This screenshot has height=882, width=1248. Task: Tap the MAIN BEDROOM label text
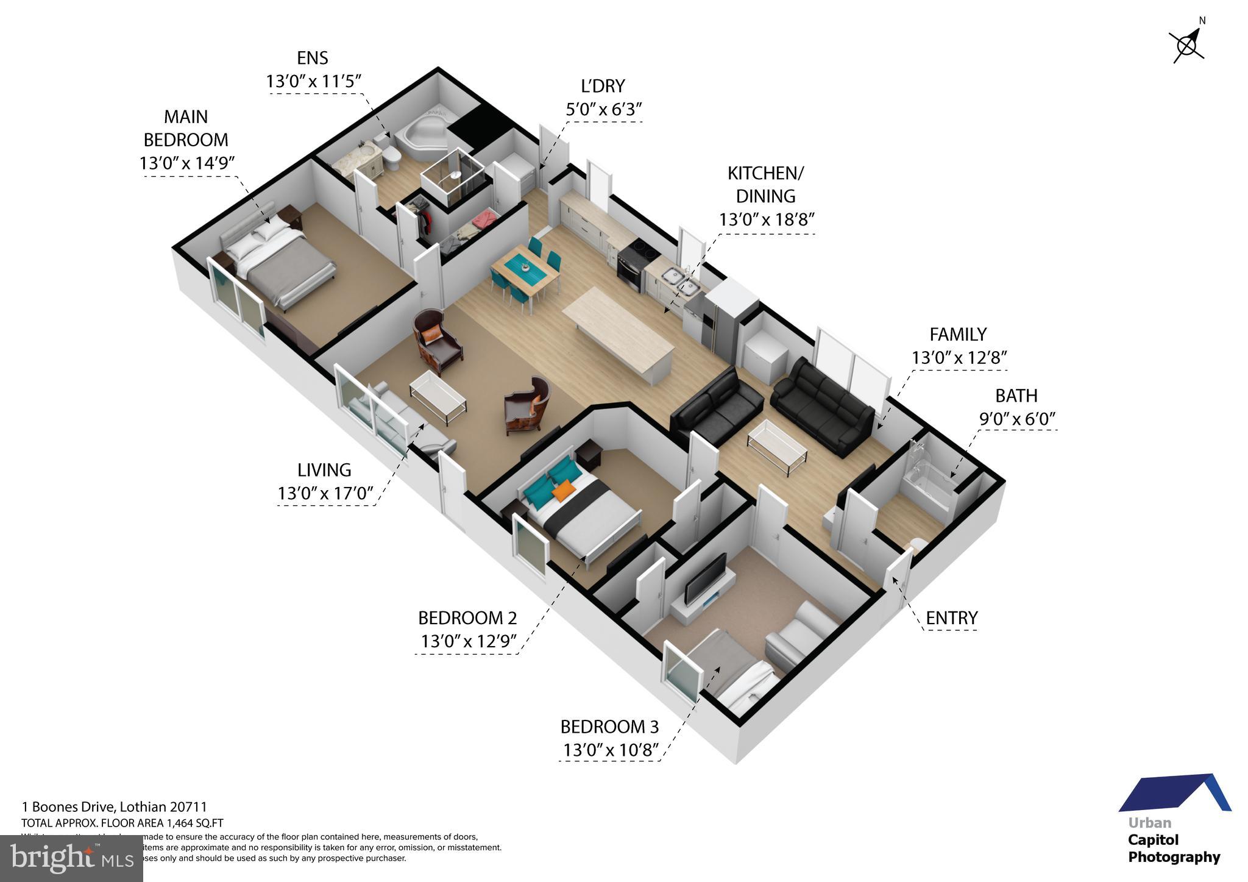186,128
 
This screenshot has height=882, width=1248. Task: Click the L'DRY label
603,86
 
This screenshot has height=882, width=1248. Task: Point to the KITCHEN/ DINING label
765,184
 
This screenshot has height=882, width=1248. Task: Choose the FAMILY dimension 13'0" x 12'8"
959,357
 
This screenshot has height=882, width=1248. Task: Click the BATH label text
1016,396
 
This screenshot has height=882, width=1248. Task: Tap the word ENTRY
951,618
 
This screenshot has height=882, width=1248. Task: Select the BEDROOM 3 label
609,727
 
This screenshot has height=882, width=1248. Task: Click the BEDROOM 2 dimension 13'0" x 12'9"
468,641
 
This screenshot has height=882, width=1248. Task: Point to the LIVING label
324,470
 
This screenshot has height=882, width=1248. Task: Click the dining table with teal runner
525,272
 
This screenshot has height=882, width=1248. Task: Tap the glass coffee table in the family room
777,448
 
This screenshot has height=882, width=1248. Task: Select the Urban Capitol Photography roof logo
1175,794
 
